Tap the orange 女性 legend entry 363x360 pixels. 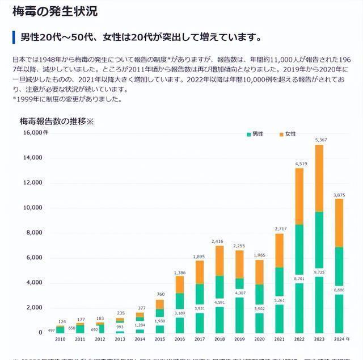click(288, 133)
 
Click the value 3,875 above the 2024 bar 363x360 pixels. click(339, 194)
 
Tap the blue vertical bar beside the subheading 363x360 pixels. click(14, 37)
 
